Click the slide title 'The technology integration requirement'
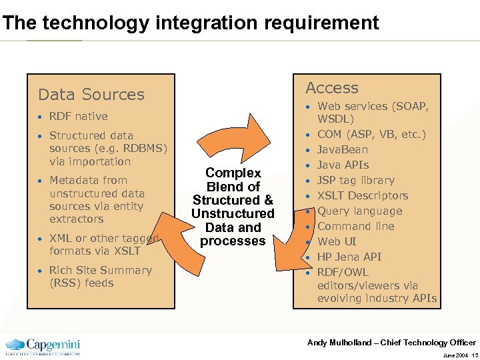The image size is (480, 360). coord(191,23)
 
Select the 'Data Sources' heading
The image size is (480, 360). coord(91,95)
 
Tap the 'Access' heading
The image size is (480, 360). coord(331,88)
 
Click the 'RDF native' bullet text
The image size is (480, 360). coord(78,116)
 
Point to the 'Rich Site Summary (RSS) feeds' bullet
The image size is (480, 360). coord(100,277)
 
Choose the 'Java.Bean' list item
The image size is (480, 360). coord(342,149)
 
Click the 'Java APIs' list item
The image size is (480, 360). coord(343,165)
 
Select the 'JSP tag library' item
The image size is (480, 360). coord(355,180)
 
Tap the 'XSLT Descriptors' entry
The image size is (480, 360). coord(362,195)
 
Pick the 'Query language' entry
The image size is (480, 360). coord(359,211)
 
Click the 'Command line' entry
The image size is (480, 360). coord(355,226)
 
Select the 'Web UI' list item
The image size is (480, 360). coord(337,241)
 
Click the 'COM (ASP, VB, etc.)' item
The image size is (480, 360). coord(371,134)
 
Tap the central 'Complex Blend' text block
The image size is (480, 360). coord(233,207)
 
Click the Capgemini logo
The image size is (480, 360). coord(43,346)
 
